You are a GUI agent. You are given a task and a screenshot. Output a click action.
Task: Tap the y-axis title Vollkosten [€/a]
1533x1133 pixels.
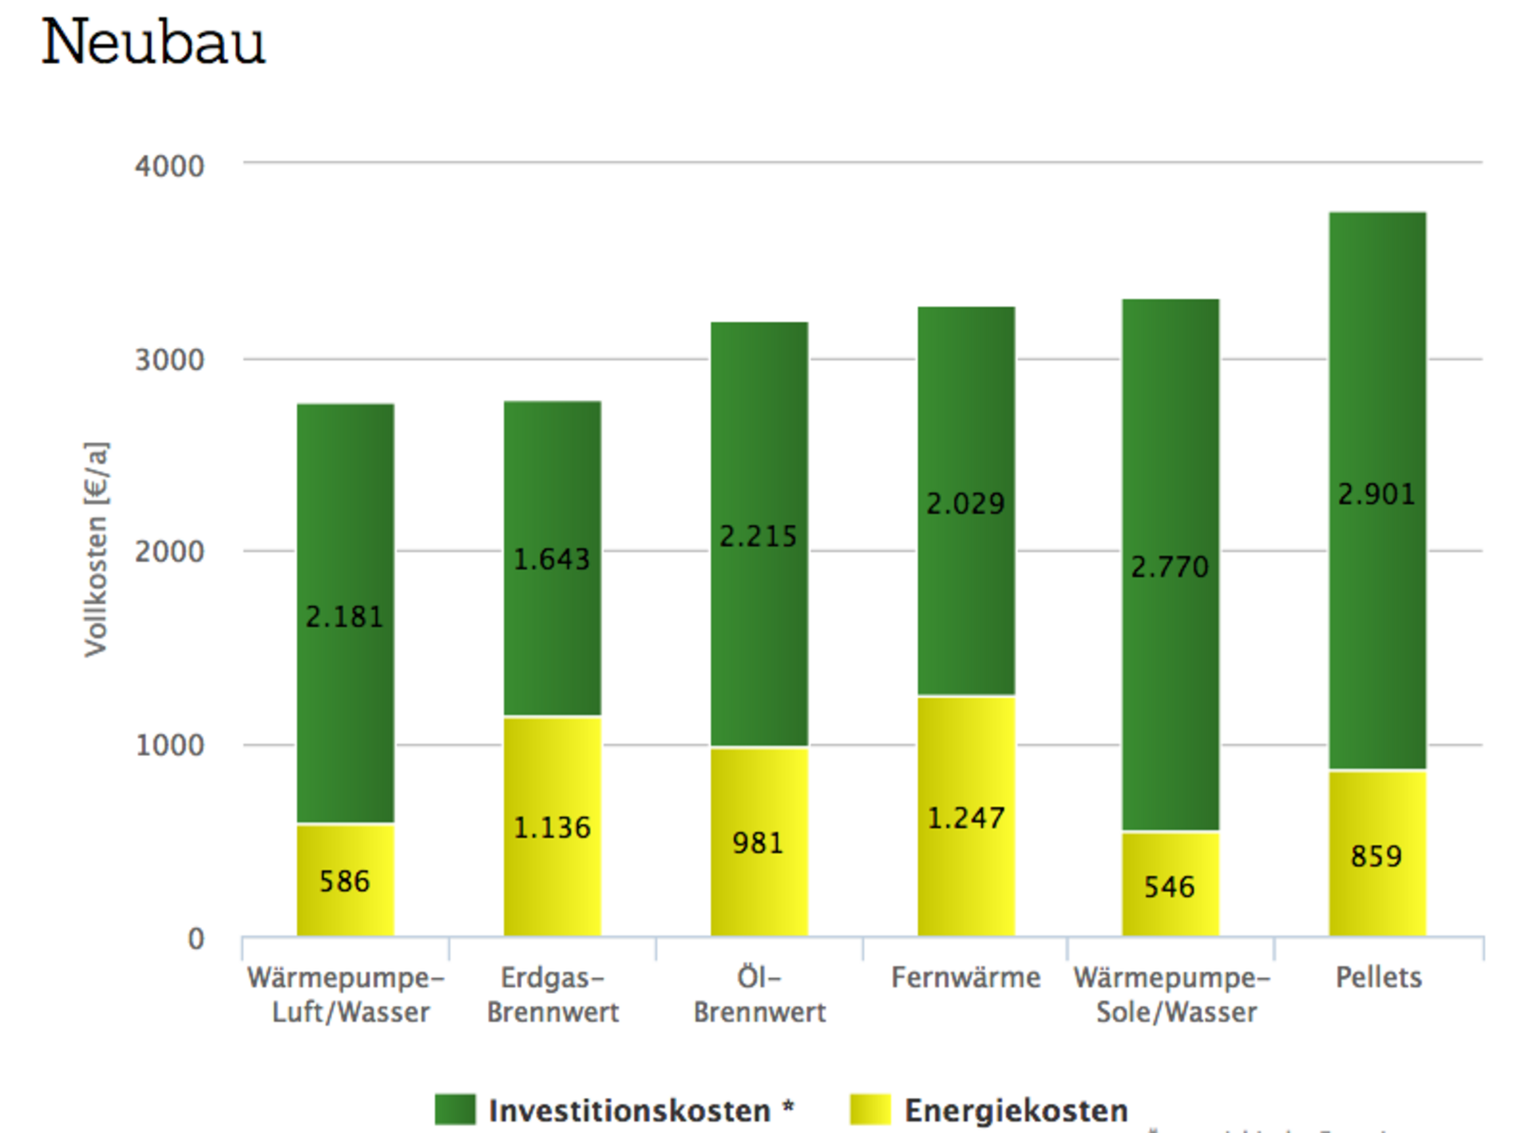click(96, 549)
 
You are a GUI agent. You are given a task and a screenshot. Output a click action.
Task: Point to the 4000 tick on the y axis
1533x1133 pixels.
click(169, 166)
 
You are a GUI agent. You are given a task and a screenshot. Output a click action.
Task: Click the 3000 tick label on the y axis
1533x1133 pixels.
click(169, 360)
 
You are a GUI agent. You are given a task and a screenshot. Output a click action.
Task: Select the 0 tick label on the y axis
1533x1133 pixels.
click(196, 939)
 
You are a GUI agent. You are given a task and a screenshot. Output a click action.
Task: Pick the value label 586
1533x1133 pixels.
click(345, 881)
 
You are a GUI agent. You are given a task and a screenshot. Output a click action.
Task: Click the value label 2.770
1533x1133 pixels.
click(1170, 567)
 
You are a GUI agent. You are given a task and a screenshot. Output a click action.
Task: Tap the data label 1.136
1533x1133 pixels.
click(552, 828)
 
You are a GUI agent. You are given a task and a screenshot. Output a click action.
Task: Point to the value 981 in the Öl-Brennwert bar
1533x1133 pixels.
click(758, 843)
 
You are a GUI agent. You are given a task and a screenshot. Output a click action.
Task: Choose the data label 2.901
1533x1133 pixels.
click(1377, 494)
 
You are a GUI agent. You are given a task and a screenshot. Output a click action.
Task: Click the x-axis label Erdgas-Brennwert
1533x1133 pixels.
click(553, 995)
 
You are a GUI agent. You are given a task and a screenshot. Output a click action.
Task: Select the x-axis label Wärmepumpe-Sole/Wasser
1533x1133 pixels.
click(1173, 995)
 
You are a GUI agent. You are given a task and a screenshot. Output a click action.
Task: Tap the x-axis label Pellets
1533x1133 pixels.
click(1379, 977)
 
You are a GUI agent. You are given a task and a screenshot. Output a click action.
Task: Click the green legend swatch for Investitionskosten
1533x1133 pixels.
click(455, 1110)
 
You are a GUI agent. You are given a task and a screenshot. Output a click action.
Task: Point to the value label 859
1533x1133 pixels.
click(1377, 857)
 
